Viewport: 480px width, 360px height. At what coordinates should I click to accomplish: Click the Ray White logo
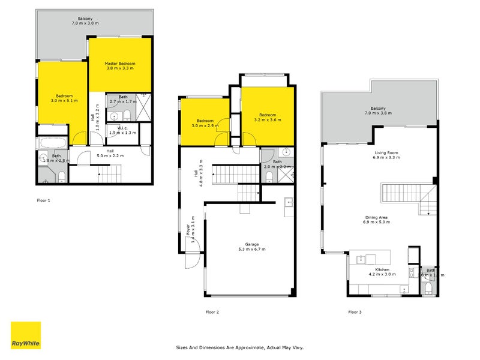tap(26, 335)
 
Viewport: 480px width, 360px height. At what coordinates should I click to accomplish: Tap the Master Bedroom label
tap(120, 64)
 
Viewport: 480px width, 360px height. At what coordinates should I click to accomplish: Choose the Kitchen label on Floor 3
tap(382, 270)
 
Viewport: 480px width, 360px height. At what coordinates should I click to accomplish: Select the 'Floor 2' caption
tap(212, 312)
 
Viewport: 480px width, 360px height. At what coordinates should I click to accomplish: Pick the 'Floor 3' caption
tap(355, 312)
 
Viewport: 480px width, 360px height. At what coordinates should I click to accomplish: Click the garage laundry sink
tap(288, 202)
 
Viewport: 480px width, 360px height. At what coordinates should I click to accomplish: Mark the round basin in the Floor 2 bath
tap(287, 152)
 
